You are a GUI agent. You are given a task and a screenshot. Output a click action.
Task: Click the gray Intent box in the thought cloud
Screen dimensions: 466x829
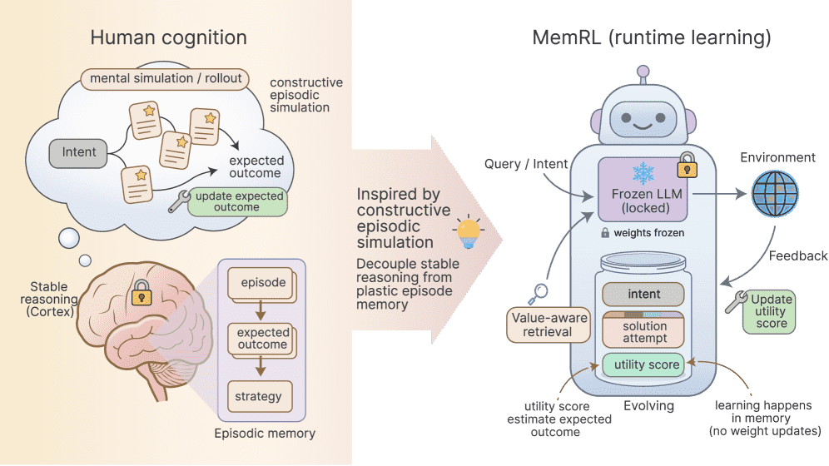[79, 152]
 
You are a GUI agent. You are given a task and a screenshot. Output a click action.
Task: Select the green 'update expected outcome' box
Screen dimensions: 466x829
[237, 201]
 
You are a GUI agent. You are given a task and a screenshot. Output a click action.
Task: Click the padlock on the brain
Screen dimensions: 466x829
[139, 292]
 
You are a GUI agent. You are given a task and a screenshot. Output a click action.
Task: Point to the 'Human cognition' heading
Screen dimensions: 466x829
[168, 37]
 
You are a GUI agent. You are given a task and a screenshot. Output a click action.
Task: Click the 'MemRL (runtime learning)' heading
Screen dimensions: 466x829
[652, 37]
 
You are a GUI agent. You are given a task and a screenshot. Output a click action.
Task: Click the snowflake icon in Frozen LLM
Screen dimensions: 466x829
[643, 173]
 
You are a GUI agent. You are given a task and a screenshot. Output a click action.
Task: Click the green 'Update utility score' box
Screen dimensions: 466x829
[772, 311]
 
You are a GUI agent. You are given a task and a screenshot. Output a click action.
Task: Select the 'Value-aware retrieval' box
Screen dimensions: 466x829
[548, 325]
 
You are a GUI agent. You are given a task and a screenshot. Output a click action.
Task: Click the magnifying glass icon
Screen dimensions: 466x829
[539, 292]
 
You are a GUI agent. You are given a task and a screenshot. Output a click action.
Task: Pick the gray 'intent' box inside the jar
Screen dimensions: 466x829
[643, 294]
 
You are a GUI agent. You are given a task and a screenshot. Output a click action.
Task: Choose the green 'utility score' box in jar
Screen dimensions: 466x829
[643, 364]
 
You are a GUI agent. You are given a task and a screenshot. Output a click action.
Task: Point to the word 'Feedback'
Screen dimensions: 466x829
[797, 256]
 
